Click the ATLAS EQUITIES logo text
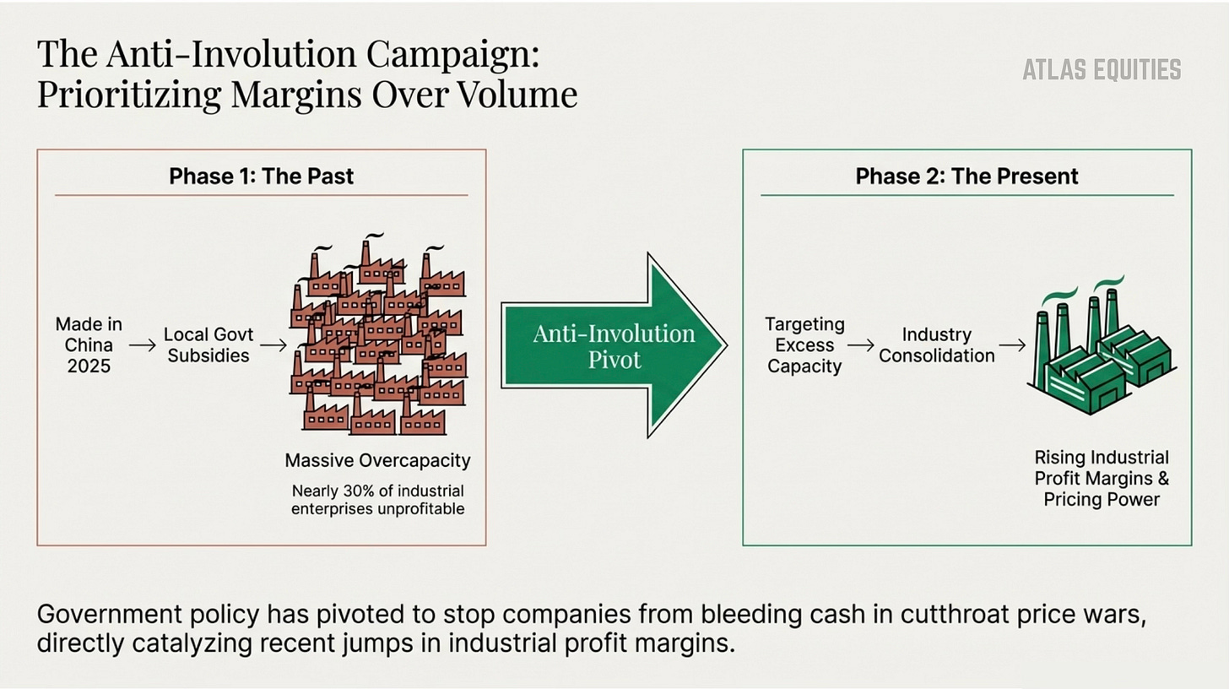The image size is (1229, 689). click(x=1102, y=69)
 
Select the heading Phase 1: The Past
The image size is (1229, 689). click(x=261, y=176)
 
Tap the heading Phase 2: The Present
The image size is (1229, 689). click(x=966, y=176)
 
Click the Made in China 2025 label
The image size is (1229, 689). click(x=89, y=344)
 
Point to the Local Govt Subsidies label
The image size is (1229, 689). click(x=208, y=344)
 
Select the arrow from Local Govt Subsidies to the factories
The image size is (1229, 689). click(x=273, y=344)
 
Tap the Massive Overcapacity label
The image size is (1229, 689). click(x=377, y=461)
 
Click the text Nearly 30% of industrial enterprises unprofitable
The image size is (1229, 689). click(x=377, y=499)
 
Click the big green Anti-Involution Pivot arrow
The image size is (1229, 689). click(x=614, y=345)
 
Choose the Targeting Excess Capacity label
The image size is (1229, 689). click(x=804, y=344)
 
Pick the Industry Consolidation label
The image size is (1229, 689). click(x=936, y=344)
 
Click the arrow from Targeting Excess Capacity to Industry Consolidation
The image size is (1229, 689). click(x=860, y=344)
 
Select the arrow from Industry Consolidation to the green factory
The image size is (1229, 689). click(x=1011, y=344)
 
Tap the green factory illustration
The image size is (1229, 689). click(x=1101, y=350)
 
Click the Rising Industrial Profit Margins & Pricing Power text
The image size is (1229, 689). click(x=1102, y=478)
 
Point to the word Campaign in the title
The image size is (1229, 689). click(x=452, y=54)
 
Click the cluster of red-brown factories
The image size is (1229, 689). click(x=378, y=338)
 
